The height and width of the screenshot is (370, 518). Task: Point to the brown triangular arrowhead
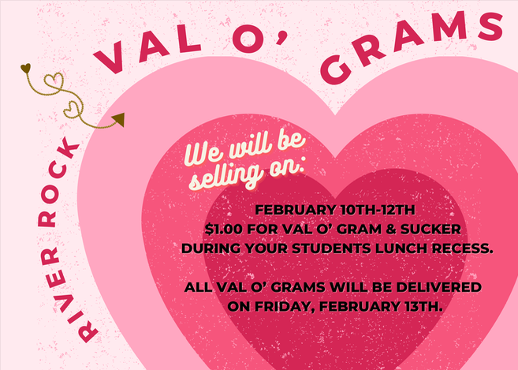pyautogui.click(x=118, y=119)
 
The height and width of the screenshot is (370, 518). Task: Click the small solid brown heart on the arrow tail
pyautogui.click(x=25, y=67)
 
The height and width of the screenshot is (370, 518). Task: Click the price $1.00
pyautogui.click(x=221, y=228)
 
